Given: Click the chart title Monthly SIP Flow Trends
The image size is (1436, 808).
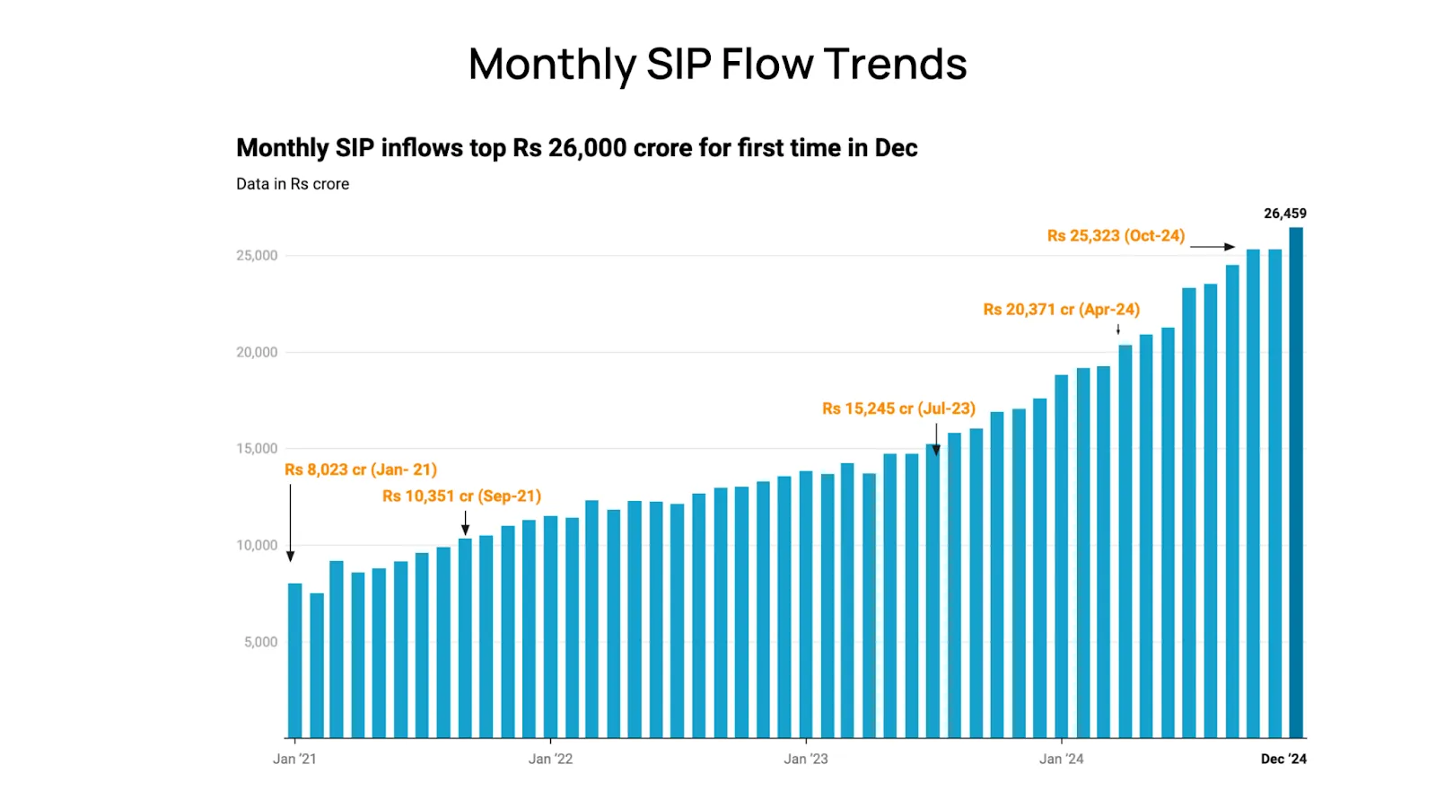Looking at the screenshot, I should tap(717, 64).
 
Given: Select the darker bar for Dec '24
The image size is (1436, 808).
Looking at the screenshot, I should tap(1296, 485).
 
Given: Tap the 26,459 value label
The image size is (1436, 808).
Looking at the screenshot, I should tap(1284, 214).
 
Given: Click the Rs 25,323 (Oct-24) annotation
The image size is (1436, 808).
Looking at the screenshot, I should tap(1116, 236).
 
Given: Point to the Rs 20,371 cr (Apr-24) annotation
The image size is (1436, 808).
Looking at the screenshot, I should tap(1061, 310).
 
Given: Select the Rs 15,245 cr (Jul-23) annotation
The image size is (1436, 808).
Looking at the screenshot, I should tap(898, 408).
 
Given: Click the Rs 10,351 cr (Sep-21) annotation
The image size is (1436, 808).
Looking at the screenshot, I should tap(461, 496).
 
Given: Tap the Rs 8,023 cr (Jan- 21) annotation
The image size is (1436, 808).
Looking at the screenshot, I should tap(361, 470).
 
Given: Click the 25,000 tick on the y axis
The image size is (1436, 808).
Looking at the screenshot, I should tap(257, 256).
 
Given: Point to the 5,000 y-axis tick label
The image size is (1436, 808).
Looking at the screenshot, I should tap(260, 642).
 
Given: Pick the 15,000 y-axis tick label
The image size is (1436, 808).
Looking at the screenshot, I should tap(257, 449).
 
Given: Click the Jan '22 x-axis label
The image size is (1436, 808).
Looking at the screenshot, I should tap(550, 759).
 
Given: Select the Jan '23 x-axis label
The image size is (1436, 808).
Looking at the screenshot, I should tap(806, 759).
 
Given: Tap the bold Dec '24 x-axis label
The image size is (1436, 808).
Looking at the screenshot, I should tap(1283, 759).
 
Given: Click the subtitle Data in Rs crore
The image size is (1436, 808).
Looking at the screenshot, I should tap(293, 184).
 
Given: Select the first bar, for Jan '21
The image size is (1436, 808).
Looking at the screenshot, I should tap(295, 661).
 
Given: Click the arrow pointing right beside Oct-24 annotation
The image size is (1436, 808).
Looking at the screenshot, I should tap(1213, 247).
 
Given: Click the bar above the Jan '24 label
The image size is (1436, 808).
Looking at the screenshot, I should tap(1062, 557).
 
